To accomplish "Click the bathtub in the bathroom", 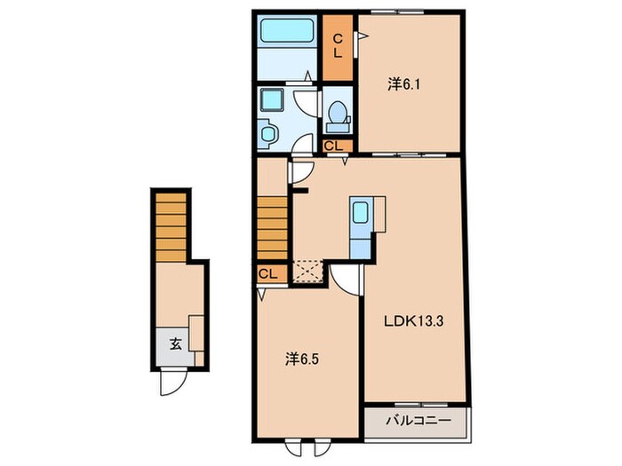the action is click(287, 31).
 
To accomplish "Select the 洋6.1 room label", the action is click(403, 84).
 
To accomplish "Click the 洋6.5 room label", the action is click(302, 359).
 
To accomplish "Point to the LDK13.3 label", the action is click(413, 321).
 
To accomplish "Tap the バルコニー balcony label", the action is click(419, 420).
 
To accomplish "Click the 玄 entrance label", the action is click(176, 344).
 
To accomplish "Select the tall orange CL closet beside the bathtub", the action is click(337, 48).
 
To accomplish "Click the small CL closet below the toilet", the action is click(337, 146).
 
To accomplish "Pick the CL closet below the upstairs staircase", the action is click(272, 273).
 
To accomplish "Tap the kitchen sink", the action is click(361, 212).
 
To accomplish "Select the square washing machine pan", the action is click(272, 99).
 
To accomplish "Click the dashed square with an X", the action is click(307, 271).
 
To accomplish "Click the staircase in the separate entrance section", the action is click(171, 227).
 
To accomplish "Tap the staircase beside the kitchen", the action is click(272, 228).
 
